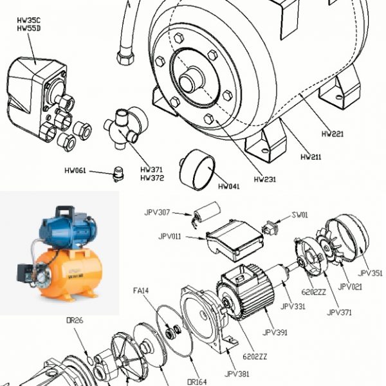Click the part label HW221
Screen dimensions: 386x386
click(332, 134)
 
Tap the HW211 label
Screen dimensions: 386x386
click(311, 156)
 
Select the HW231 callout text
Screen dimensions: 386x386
click(264, 179)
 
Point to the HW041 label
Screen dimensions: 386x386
click(228, 187)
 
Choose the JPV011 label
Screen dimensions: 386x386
click(170, 237)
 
